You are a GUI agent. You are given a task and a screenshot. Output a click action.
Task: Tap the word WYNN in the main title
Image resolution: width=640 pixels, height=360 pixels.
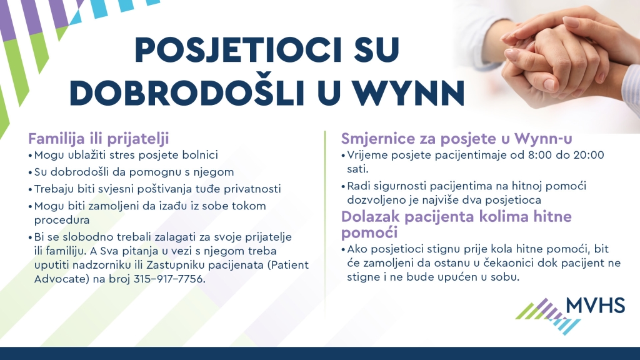pyautogui.click(x=409, y=93)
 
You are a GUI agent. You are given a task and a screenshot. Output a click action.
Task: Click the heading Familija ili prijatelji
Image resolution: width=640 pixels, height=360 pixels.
pyautogui.click(x=98, y=139)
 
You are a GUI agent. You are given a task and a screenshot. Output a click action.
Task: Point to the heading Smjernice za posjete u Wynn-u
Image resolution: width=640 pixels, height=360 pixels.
pyautogui.click(x=457, y=138)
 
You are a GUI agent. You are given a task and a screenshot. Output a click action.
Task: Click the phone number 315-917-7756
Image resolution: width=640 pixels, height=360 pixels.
pyautogui.click(x=169, y=279)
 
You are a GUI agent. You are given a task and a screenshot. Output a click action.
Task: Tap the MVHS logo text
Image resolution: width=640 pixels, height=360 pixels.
pyautogui.click(x=596, y=305)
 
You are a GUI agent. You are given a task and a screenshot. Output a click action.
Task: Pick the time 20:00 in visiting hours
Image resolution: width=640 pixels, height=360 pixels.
pyautogui.click(x=589, y=155)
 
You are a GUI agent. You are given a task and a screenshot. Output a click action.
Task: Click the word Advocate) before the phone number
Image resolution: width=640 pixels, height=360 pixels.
pyautogui.click(x=62, y=279)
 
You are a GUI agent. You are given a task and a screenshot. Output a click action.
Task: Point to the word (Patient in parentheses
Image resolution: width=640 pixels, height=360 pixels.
pyautogui.click(x=287, y=265)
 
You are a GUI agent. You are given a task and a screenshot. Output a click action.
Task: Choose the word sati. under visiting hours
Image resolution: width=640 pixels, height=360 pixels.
pyautogui.click(x=357, y=169)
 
